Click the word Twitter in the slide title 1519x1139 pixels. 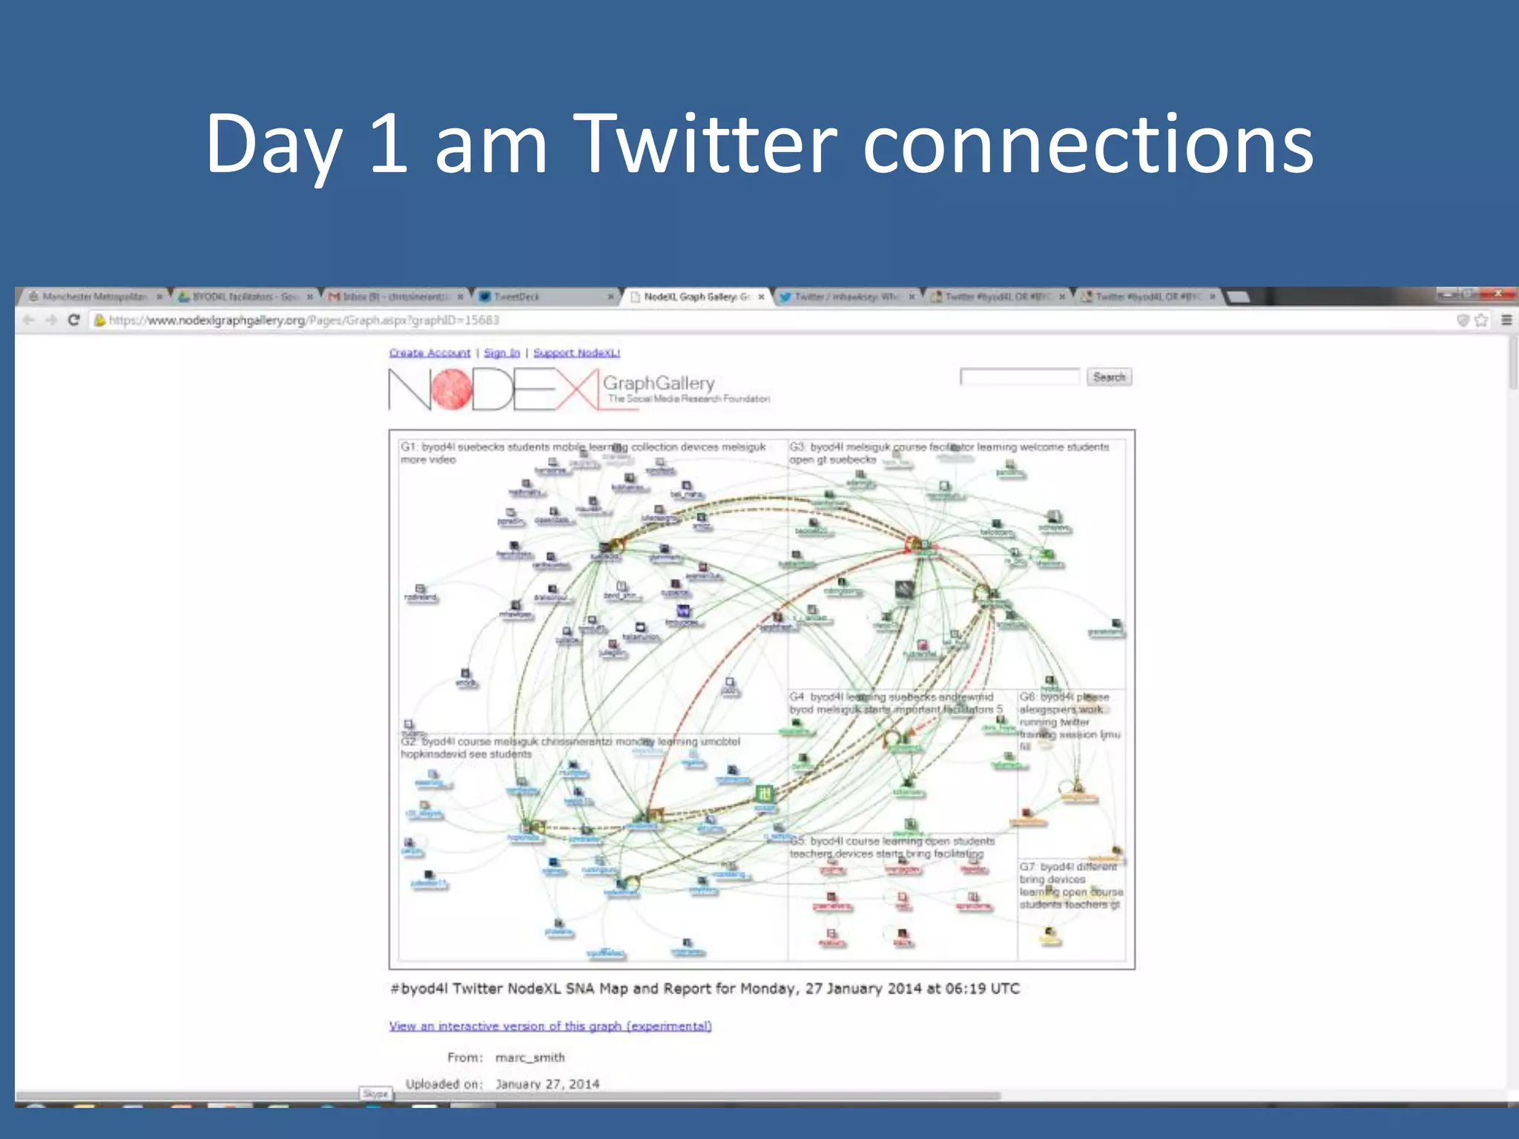[705, 145]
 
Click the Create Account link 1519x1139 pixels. [429, 353]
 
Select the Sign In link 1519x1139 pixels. [501, 353]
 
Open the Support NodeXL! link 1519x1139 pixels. [576, 353]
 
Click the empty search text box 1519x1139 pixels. [1019, 377]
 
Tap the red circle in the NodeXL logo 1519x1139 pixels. [452, 389]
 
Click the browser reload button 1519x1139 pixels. [73, 320]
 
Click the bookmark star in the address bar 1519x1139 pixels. [1481, 320]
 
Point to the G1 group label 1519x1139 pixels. [409, 447]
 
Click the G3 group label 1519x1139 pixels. [797, 447]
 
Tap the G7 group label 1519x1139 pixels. [1027, 867]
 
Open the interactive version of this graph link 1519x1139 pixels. [550, 1026]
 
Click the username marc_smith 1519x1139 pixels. [530, 1057]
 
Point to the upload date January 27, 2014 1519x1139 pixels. [547, 1084]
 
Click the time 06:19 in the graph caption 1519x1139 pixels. [966, 988]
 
